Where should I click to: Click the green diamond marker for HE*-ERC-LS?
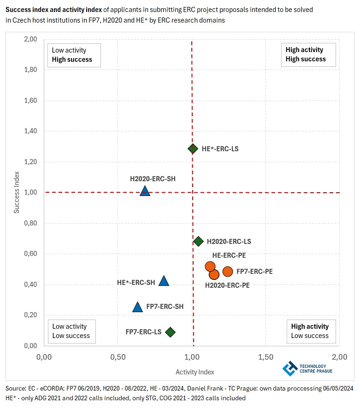[193, 148]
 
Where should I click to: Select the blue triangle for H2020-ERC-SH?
[145, 191]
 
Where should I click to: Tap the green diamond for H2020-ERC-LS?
[199, 241]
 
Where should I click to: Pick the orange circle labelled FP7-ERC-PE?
[228, 272]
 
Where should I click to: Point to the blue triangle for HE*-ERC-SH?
[164, 281]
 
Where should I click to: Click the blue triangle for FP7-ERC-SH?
[137, 307]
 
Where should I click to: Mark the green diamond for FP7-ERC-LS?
[170, 332]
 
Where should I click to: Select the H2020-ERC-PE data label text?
[227, 285]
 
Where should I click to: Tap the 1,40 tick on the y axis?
[30, 131]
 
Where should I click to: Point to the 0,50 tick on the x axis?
[118, 357]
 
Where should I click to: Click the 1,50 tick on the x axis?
[266, 357]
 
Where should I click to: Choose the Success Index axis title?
[17, 192]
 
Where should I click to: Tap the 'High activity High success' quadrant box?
[308, 55]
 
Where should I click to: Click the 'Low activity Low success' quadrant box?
[71, 331]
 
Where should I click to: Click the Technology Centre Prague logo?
[308, 368]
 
